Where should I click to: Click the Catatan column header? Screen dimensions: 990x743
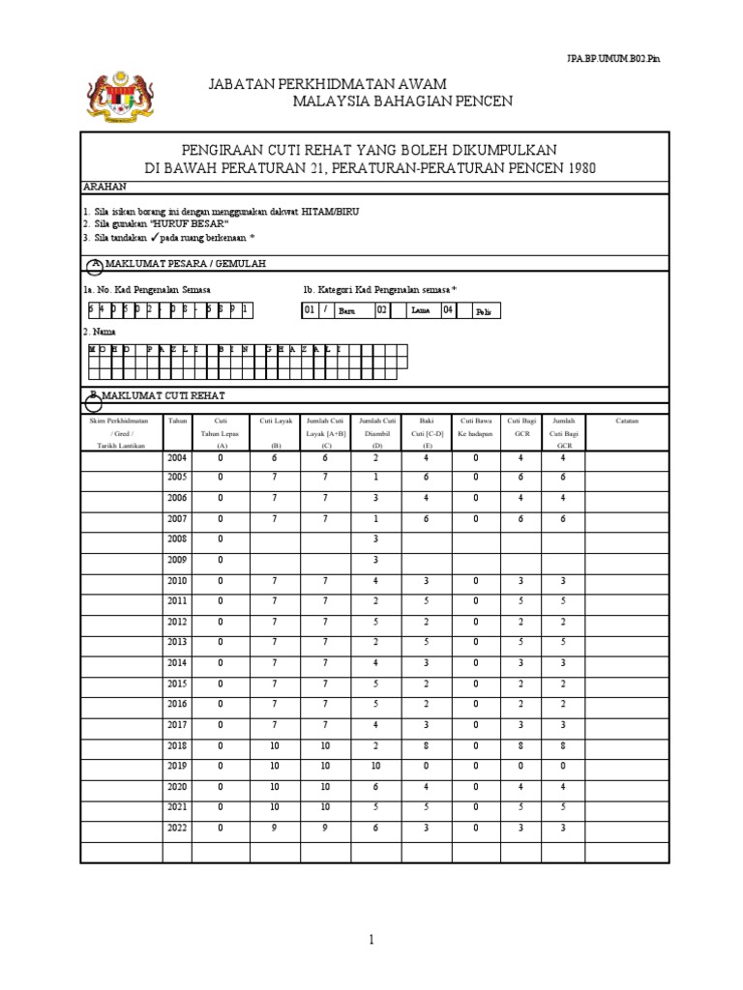pyautogui.click(x=627, y=421)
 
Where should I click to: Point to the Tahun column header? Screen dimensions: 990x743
pyautogui.click(x=178, y=421)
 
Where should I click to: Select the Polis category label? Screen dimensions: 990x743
pyautogui.click(x=484, y=311)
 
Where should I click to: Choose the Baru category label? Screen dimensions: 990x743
pyautogui.click(x=346, y=311)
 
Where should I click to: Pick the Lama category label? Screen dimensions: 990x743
pyautogui.click(x=420, y=310)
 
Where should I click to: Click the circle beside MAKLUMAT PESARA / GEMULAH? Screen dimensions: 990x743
pyautogui.click(x=94, y=265)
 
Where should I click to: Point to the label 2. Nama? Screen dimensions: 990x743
pyautogui.click(x=100, y=331)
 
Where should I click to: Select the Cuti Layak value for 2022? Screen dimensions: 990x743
pyautogui.click(x=275, y=828)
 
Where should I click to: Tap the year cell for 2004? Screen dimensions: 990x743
pyautogui.click(x=178, y=458)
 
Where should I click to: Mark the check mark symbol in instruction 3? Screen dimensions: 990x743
pyautogui.click(x=155, y=236)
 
